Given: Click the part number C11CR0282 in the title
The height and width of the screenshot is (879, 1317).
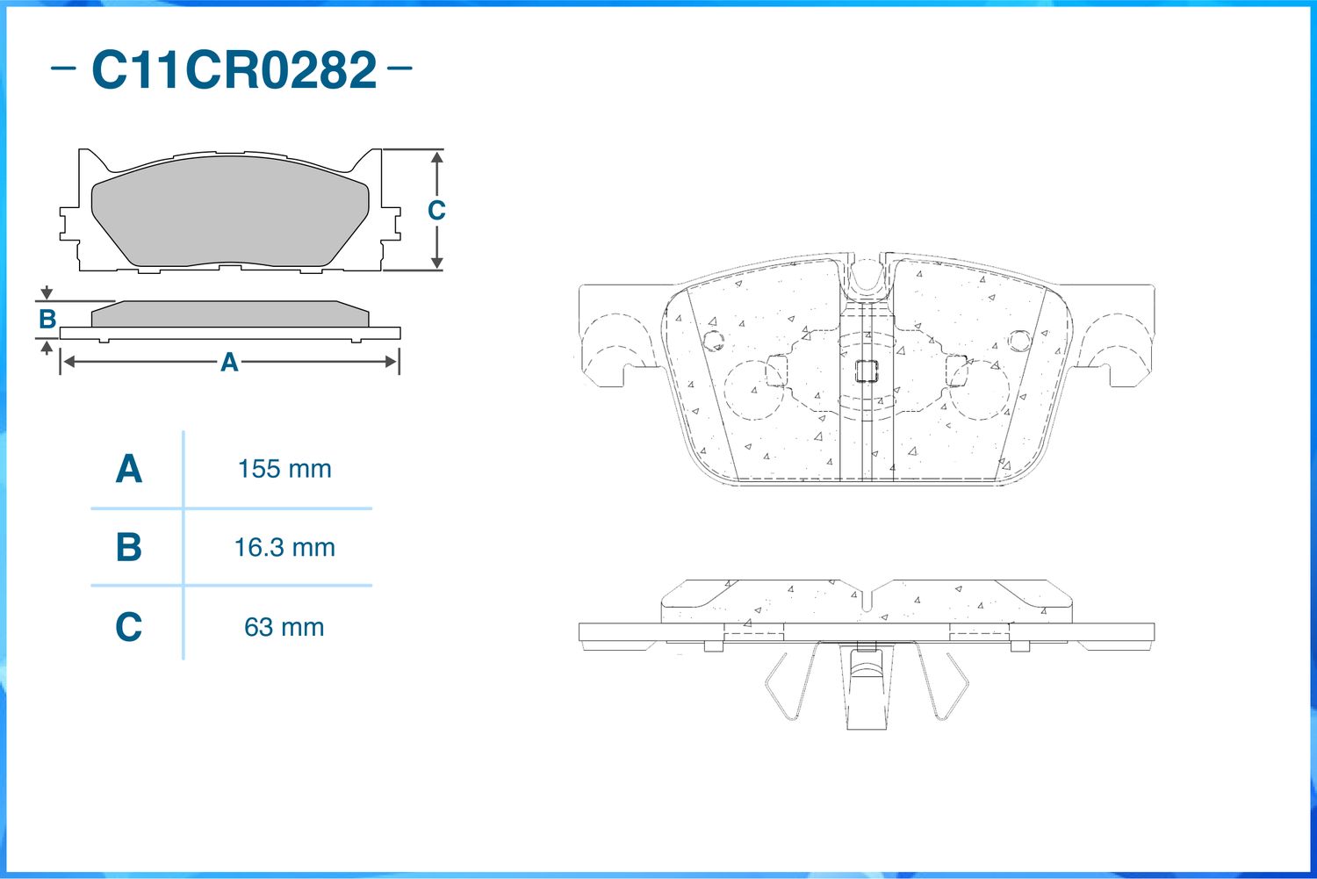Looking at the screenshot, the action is pos(234,70).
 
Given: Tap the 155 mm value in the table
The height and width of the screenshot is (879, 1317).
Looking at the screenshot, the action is pos(284,469).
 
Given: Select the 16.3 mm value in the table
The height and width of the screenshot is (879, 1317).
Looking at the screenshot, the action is pos(284,547).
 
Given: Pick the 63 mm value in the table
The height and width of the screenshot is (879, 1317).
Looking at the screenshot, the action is pos(284,627).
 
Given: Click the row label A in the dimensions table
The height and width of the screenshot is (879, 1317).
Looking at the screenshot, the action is pos(129,469).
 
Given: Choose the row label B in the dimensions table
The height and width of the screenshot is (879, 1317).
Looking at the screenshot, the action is pos(129,547).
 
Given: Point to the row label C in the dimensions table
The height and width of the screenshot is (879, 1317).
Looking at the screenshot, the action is pos(129,627).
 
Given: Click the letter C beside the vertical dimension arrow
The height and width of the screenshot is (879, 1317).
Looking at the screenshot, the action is pos(436,210).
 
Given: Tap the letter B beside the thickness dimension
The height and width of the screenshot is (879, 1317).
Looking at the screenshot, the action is pos(47,320).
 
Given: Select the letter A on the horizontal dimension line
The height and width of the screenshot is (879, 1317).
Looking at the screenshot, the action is pos(229,362).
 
